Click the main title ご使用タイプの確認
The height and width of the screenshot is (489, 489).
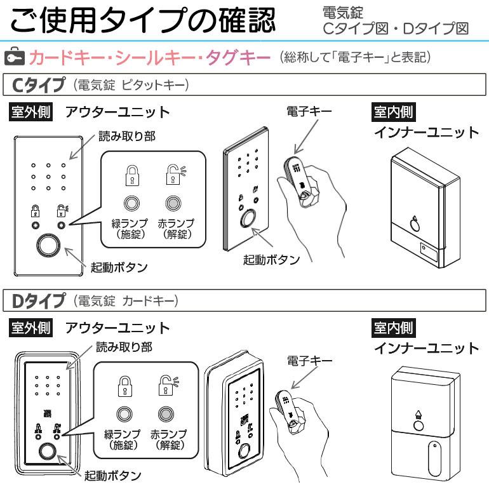click(143, 22)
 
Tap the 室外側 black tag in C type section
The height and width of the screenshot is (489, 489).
click(29, 112)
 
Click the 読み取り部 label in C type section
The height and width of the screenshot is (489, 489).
click(126, 137)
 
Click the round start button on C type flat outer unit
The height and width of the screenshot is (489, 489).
click(47, 245)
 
